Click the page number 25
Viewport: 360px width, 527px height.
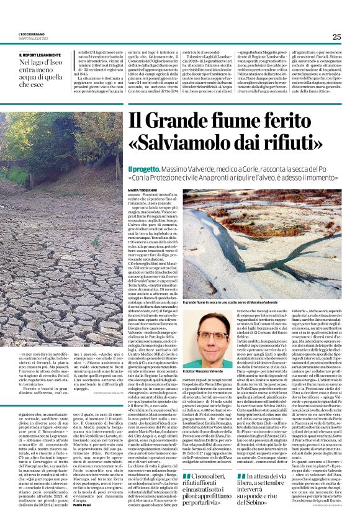[336, 37]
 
